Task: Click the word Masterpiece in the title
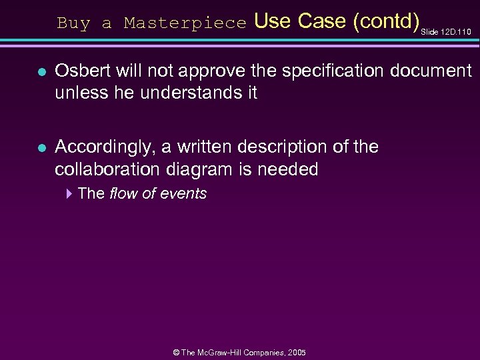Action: (185, 23)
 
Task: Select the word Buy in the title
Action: (73, 23)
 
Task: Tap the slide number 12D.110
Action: (456, 31)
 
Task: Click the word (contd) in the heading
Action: (387, 21)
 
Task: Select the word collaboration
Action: (111, 169)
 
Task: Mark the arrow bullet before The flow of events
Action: (69, 194)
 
